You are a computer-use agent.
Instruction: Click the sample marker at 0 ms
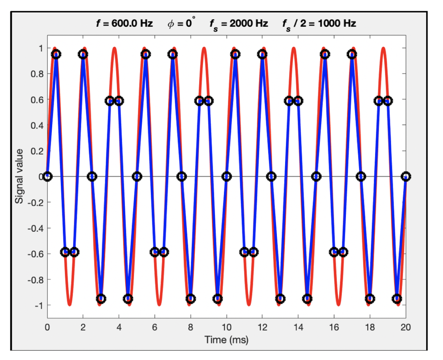[x=48, y=176]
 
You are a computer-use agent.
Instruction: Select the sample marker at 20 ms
[x=406, y=176]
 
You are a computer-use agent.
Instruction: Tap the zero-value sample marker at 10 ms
[x=227, y=176]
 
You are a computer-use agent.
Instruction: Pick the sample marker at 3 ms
[x=101, y=299]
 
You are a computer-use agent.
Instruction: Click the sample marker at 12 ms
[x=262, y=54]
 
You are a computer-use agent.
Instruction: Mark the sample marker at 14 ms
[x=298, y=101]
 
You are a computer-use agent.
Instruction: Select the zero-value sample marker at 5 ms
[x=137, y=176]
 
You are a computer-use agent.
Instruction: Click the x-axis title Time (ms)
[x=226, y=339]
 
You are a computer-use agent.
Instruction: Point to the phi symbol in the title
[x=170, y=24]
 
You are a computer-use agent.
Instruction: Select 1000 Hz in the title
[x=336, y=24]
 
